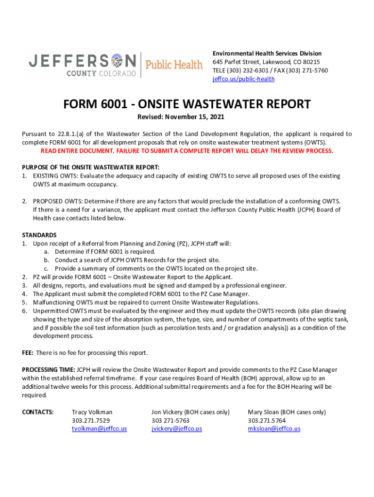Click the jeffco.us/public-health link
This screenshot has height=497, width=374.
pos(243,79)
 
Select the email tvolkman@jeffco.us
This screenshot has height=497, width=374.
pos(99,429)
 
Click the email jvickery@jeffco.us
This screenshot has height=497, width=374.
pos(177,429)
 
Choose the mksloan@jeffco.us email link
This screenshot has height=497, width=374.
pos(274,429)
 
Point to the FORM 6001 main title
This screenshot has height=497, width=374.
pos(187,104)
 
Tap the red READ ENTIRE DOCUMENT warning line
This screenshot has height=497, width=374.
pos(187,151)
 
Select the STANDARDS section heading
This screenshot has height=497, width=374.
pos(39,235)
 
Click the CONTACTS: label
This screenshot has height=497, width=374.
pos(38,412)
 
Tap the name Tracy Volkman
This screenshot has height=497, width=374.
pos(92,412)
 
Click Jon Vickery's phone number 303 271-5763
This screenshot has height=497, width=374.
pos(170,420)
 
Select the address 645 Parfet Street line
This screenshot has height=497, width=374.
pos(266,62)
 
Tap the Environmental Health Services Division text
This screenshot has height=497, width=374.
pos(267,53)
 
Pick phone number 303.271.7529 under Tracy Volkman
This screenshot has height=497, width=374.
pos(90,420)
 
